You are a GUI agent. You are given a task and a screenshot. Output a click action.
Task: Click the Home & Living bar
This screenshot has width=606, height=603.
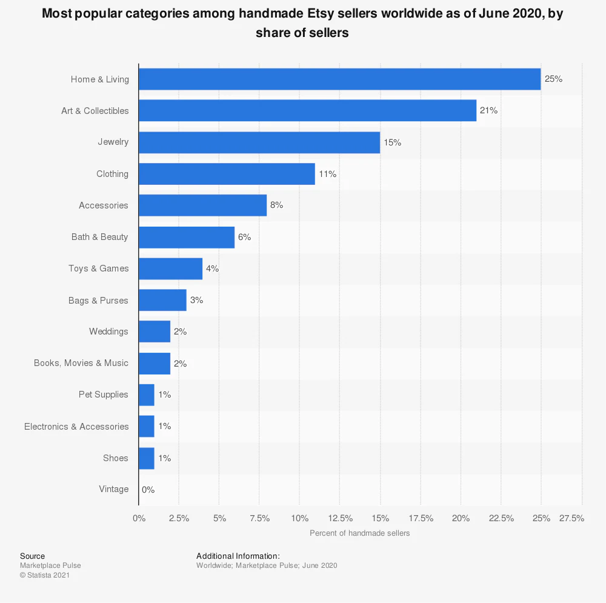(x=339, y=79)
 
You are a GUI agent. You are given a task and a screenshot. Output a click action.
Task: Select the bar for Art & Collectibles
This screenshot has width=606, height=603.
(x=307, y=111)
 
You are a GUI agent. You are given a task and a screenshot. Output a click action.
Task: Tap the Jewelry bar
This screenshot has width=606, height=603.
(x=259, y=142)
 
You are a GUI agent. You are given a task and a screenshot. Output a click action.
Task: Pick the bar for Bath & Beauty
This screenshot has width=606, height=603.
(x=187, y=237)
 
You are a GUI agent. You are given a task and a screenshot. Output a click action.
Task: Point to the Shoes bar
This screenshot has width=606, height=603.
(x=147, y=458)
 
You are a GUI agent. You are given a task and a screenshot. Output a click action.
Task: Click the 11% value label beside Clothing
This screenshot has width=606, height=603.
(x=328, y=174)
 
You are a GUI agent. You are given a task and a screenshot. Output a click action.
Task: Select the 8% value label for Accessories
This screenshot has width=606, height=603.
(x=276, y=205)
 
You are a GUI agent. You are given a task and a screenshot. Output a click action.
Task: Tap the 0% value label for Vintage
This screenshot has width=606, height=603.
(x=148, y=490)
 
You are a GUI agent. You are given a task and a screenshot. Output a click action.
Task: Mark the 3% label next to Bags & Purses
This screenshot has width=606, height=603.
(x=196, y=300)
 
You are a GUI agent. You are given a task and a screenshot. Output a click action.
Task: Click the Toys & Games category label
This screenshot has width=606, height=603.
(x=98, y=268)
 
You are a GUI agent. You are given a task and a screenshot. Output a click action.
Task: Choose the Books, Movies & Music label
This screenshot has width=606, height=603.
(x=81, y=363)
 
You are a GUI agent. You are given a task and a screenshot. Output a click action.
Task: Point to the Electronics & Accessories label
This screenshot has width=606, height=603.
(x=76, y=427)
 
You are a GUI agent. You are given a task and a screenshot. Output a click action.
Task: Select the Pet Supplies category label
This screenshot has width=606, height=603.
(x=104, y=395)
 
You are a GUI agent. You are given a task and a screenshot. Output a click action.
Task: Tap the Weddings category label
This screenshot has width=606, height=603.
(x=108, y=331)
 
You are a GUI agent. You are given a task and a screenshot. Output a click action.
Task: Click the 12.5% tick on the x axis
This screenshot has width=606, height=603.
(x=340, y=518)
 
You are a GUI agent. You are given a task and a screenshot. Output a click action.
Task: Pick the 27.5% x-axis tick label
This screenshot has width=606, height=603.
(x=571, y=518)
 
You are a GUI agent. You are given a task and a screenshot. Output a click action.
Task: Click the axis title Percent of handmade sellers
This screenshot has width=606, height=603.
(x=359, y=533)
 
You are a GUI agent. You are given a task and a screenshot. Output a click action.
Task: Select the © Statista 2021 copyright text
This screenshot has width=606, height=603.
(x=45, y=575)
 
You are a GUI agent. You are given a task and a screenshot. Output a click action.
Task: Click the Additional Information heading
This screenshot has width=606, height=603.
(x=238, y=556)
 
